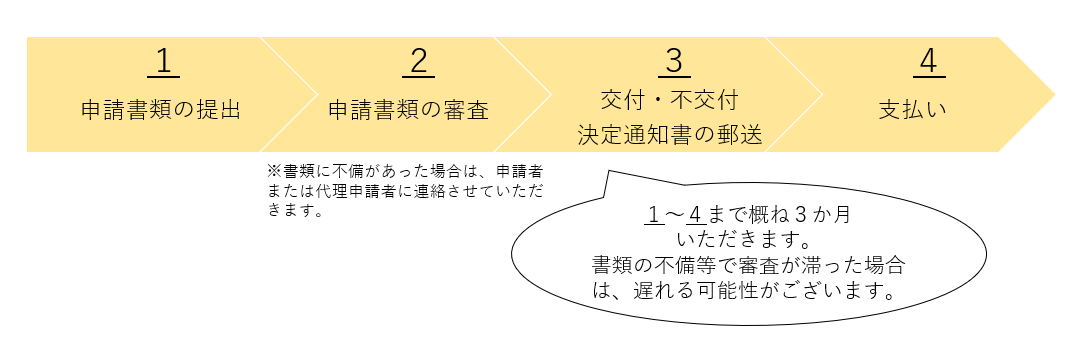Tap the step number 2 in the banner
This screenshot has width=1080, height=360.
click(x=418, y=62)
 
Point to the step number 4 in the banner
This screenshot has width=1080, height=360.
click(x=928, y=62)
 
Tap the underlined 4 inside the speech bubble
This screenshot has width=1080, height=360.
click(x=697, y=216)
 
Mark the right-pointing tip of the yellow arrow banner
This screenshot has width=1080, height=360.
click(x=1054, y=95)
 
